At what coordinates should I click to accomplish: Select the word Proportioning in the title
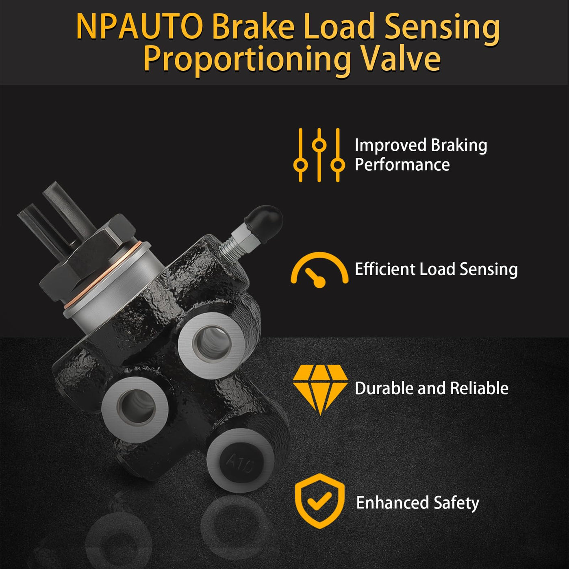247,61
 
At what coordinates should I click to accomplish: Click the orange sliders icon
319,155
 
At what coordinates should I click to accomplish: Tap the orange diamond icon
320,389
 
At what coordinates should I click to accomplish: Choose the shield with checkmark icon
319,501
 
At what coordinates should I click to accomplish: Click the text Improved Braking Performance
421,155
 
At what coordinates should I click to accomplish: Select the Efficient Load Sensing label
436,269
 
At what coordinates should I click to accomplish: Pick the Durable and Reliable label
431,388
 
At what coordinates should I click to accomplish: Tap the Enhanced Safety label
417,503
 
